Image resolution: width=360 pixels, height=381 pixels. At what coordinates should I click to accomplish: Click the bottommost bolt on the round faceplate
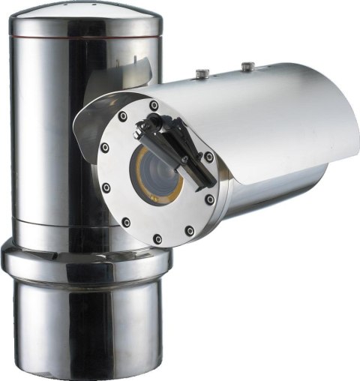tap(157, 239)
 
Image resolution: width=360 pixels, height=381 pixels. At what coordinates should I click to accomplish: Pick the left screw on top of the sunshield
tap(202, 73)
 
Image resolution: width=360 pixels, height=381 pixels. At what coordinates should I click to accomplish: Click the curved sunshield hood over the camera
tap(255, 112)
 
